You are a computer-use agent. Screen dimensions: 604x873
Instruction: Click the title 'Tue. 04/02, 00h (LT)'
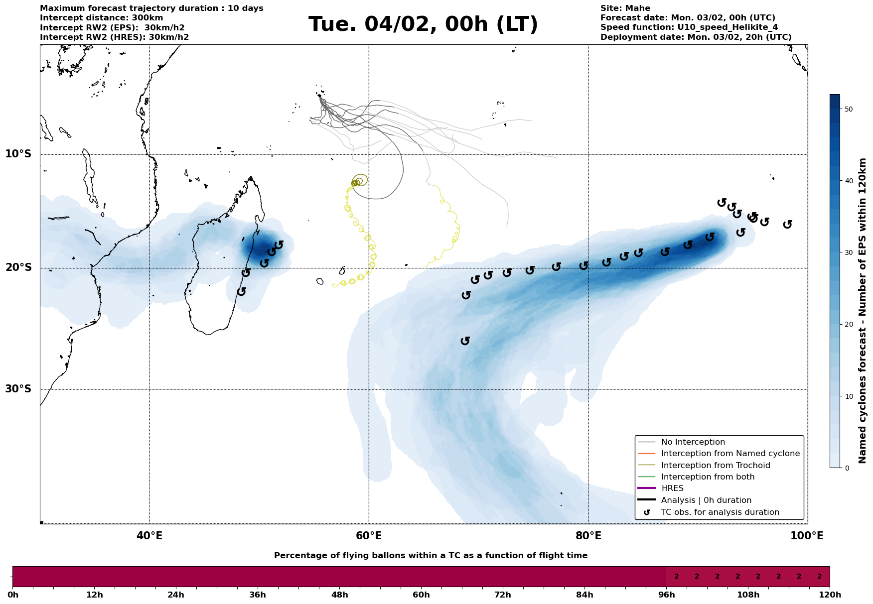tap(423, 24)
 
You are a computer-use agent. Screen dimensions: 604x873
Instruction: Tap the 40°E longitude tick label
tap(149, 536)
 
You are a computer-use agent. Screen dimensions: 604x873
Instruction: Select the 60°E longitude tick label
tap(369, 536)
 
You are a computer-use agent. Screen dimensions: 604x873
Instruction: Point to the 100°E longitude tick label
tap(807, 536)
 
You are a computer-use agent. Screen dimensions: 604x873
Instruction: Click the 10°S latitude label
tap(18, 154)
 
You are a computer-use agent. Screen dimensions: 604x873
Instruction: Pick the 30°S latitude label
tap(18, 389)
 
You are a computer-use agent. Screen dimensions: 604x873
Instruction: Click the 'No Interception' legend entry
tap(693, 442)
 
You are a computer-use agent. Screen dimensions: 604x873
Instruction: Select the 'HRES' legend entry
tap(672, 488)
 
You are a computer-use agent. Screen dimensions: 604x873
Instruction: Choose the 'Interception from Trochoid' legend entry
tap(715, 466)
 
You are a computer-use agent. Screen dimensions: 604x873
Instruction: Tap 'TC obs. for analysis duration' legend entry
tap(720, 512)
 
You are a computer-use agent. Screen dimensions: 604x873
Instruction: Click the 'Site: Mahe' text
tap(625, 8)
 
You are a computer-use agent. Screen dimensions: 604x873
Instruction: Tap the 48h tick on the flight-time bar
tap(339, 595)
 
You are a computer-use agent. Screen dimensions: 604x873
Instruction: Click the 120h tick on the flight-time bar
tap(829, 595)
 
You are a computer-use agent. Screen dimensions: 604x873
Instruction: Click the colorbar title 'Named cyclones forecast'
tap(863, 311)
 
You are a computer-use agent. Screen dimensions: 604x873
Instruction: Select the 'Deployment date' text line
tap(696, 37)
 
